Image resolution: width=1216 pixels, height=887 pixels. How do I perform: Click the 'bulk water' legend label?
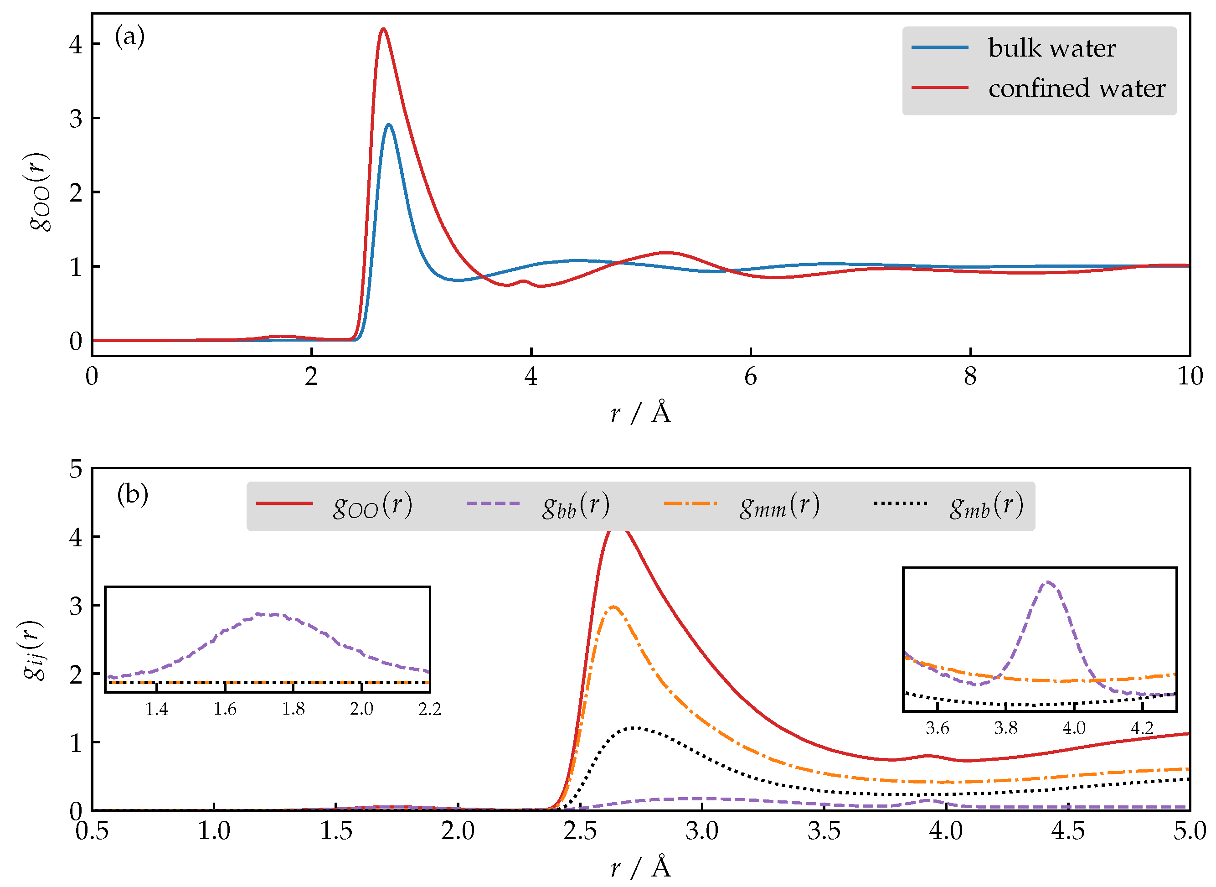1051,48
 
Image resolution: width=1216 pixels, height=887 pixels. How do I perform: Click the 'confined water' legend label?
1076,88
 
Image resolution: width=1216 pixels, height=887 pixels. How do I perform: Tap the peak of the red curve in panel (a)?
382,29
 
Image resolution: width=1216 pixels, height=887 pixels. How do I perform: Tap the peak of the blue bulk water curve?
388,125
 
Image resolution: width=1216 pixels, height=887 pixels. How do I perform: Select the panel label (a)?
129,37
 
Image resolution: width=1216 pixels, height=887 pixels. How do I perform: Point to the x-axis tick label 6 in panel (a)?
750,377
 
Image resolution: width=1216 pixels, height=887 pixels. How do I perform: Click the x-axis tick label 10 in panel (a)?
1189,377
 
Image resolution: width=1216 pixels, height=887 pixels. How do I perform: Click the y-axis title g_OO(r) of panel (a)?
40,192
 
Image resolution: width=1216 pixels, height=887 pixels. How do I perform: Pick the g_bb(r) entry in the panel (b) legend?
575,505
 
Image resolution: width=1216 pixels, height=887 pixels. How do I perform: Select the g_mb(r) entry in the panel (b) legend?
986,505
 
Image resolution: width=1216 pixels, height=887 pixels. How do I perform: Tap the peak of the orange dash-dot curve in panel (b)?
613,607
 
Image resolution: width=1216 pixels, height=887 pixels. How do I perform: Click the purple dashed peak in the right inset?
1047,581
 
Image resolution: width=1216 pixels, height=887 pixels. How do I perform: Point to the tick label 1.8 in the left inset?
293,709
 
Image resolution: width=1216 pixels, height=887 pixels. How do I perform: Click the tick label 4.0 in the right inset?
1073,728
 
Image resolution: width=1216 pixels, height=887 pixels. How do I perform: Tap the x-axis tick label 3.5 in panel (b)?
824,831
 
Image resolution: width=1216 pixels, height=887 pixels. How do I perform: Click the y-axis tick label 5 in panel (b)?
76,469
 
